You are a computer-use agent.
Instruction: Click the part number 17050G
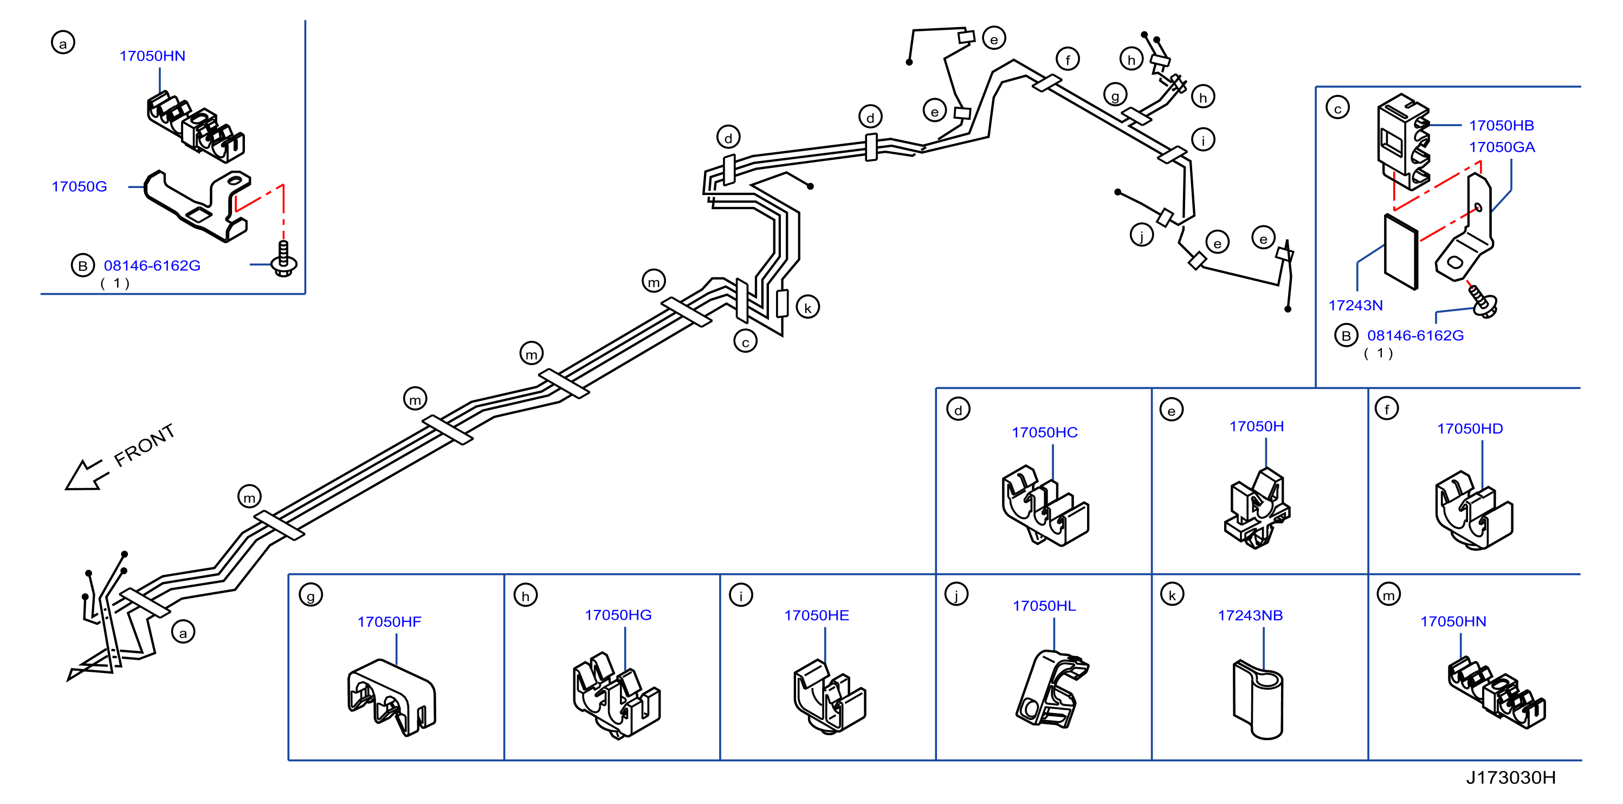pyautogui.click(x=79, y=186)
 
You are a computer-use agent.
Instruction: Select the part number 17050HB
pyautogui.click(x=1502, y=125)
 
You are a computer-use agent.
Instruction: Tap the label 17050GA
pyautogui.click(x=1502, y=147)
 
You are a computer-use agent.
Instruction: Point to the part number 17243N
pyautogui.click(x=1355, y=306)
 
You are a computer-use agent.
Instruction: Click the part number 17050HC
pyautogui.click(x=1045, y=432)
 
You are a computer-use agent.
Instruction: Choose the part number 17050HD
pyautogui.click(x=1470, y=429)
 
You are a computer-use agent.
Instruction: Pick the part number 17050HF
pyautogui.click(x=390, y=622)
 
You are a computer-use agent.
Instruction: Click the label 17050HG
pyautogui.click(x=618, y=615)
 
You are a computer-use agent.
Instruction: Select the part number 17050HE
pyautogui.click(x=817, y=615)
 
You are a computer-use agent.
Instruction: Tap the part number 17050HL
pyautogui.click(x=1044, y=606)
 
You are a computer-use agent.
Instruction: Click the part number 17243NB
pyautogui.click(x=1250, y=615)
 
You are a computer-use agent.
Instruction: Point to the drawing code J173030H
pyautogui.click(x=1511, y=777)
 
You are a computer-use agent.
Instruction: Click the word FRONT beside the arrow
pyautogui.click(x=144, y=445)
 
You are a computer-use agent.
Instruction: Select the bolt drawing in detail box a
pyautogui.click(x=283, y=259)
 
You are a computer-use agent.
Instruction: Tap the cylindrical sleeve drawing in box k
pyautogui.click(x=1258, y=699)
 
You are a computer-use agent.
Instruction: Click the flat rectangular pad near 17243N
pyautogui.click(x=1401, y=251)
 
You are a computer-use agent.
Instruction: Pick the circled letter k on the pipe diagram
pyautogui.click(x=808, y=308)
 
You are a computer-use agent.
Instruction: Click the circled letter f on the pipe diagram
pyautogui.click(x=1068, y=60)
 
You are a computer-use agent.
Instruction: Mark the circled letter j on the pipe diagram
pyautogui.click(x=1142, y=236)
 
